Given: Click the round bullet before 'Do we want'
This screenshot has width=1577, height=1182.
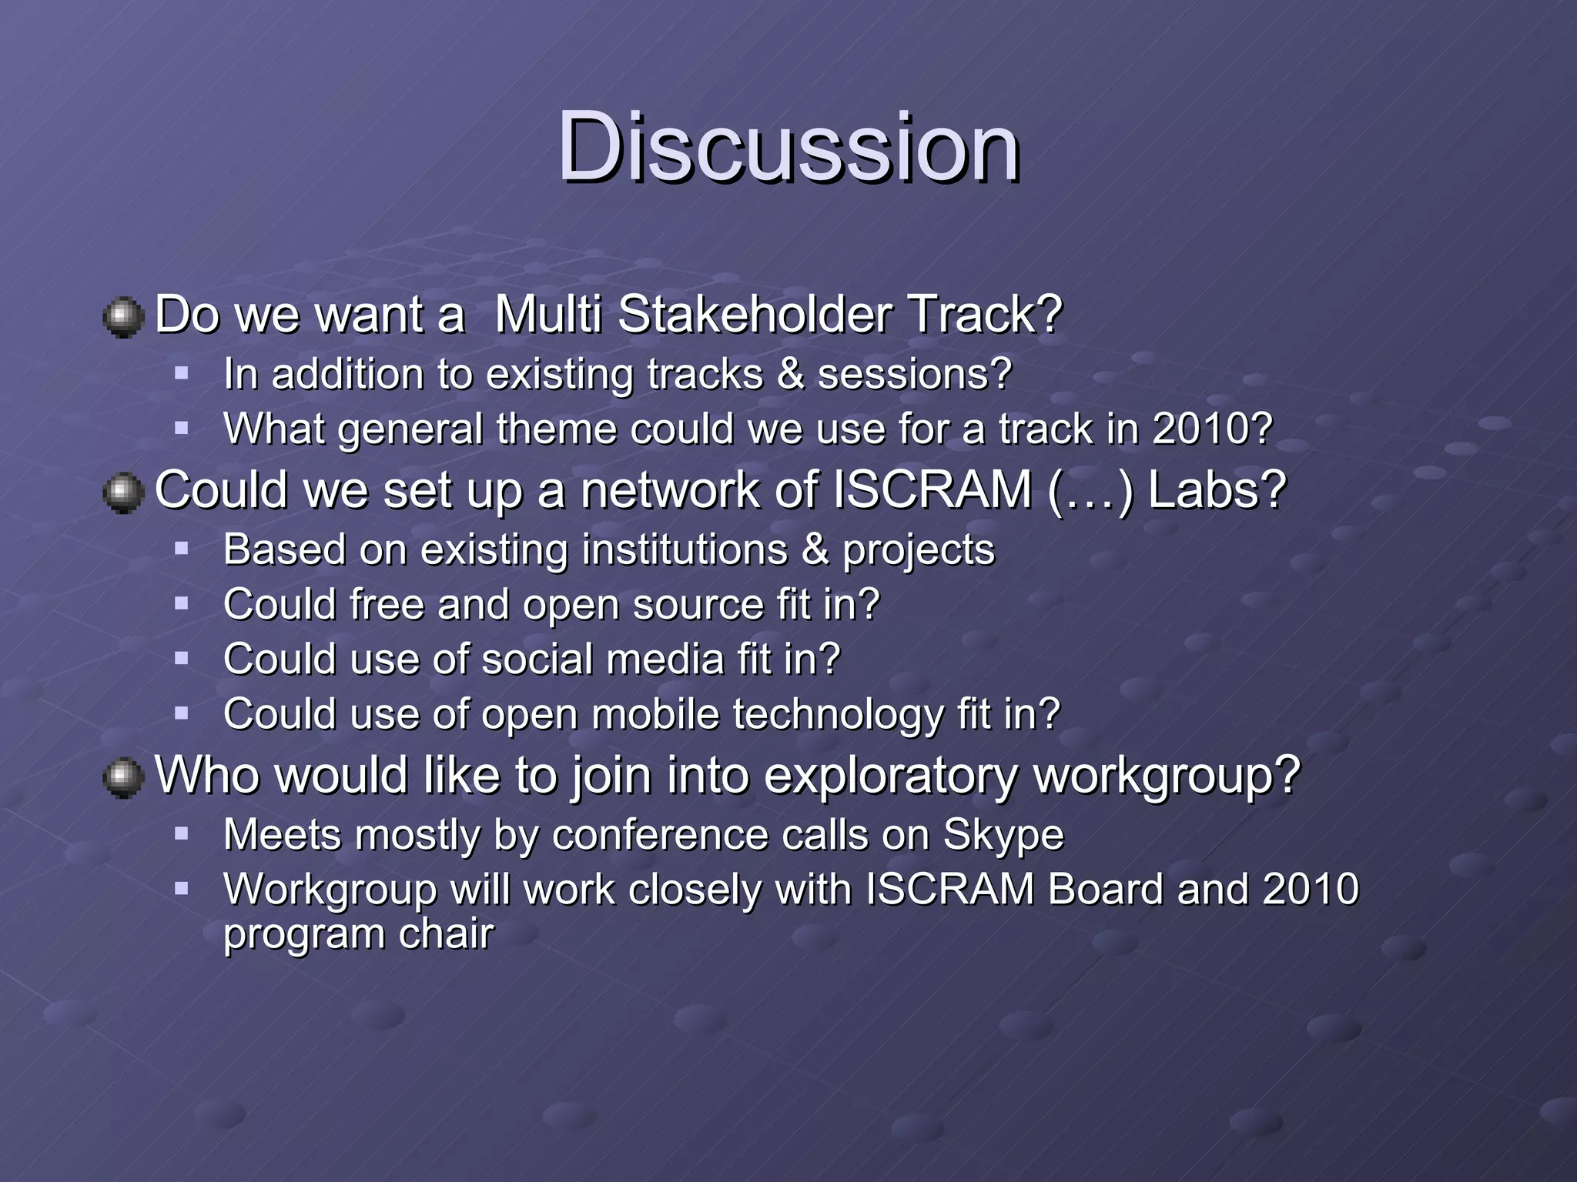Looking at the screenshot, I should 123,317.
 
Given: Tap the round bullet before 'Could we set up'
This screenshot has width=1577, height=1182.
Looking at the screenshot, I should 123,492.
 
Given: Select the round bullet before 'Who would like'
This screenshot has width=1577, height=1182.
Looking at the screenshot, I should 123,777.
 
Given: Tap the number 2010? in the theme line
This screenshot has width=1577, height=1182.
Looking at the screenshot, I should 1212,429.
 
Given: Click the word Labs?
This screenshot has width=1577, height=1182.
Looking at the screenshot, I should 1217,489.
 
